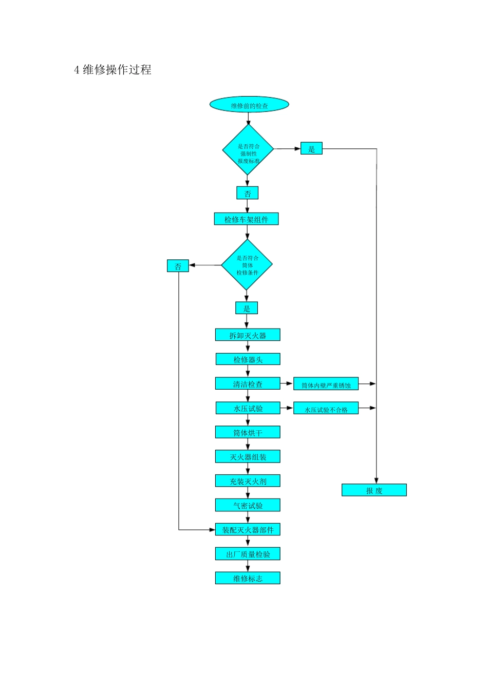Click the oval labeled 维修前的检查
point(249,105)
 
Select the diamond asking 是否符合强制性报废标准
point(248,149)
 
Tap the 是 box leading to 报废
point(311,148)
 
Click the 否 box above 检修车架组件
point(247,193)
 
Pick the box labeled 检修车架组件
point(247,219)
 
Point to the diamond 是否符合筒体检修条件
point(247,264)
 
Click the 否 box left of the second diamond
point(178,266)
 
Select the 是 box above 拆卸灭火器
point(247,308)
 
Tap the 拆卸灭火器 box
point(248,335)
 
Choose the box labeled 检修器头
point(248,359)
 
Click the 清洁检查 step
point(248,384)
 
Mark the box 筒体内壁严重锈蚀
point(326,384)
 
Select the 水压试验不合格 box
point(326,408)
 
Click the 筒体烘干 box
point(248,432)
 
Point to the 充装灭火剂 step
point(248,481)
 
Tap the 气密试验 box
point(248,505)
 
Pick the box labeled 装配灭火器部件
point(248,529)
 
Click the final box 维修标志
point(248,578)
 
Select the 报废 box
point(374,490)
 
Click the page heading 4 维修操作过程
point(113,70)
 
